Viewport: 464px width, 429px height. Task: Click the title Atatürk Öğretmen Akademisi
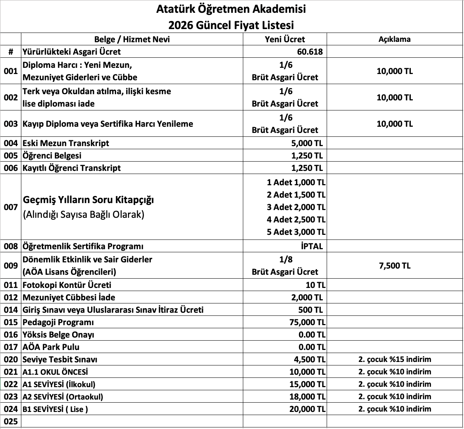coord(231,9)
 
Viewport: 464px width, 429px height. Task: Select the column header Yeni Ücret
coord(285,39)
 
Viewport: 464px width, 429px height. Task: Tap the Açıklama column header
coord(395,39)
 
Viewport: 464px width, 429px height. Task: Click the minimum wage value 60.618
coord(310,52)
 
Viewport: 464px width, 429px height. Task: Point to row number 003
coord(10,124)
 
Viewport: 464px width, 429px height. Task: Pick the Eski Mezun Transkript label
coord(66,143)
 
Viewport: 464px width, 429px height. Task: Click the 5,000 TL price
coord(307,143)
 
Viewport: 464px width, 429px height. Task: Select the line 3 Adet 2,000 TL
coord(296,207)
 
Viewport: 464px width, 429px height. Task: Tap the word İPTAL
coord(312,246)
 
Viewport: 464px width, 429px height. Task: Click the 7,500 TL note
coord(395,265)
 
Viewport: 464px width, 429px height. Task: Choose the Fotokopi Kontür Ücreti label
coord(67,285)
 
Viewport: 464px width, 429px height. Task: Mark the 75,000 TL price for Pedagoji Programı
coord(307,322)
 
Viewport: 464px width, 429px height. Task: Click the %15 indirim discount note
coord(395,359)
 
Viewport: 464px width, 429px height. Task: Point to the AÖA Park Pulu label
coord(51,347)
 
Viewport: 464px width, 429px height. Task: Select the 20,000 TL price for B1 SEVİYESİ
coord(307,409)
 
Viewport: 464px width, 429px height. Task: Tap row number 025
coord(10,422)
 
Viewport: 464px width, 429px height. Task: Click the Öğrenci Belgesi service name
coord(52,155)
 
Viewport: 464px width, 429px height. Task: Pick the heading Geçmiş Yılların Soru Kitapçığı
coord(89,200)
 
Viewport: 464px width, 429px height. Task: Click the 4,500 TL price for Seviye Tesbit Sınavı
coord(310,360)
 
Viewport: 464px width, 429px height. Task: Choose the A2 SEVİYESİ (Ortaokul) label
coord(63,397)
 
